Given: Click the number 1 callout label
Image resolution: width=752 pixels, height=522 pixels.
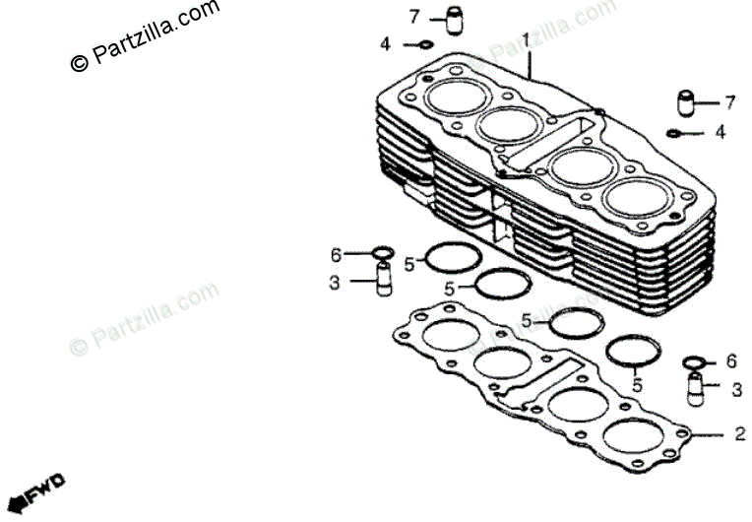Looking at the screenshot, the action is (x=526, y=39).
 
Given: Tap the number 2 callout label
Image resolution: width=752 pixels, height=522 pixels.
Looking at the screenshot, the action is (x=740, y=433).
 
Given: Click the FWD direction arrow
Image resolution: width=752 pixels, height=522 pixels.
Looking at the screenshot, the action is (x=37, y=490).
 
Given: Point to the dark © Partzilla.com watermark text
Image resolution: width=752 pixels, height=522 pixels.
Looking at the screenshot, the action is (x=145, y=35).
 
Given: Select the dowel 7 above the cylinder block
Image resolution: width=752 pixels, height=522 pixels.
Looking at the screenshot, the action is (x=454, y=20).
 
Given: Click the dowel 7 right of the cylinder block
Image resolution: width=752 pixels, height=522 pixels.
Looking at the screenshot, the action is (x=686, y=102).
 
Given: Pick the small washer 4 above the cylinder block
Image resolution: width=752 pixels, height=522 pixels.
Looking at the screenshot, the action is (x=425, y=44).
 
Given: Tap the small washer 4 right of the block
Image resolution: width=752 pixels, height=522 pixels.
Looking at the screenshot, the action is (x=674, y=133).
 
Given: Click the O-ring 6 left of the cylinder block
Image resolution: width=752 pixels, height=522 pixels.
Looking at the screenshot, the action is (x=384, y=252).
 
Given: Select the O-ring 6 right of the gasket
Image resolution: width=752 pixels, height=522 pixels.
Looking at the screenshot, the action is (x=694, y=362).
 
